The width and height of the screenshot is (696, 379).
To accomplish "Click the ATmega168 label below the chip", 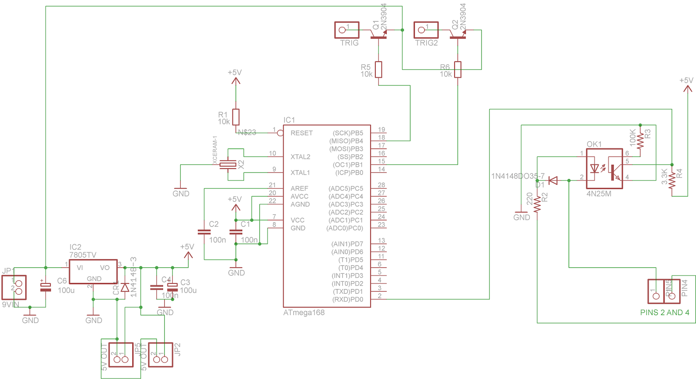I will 304,313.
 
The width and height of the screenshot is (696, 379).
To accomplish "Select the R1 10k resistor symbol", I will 235,117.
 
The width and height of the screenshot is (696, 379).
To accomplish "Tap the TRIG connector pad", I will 347,30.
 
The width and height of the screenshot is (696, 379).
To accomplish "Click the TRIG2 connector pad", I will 426,30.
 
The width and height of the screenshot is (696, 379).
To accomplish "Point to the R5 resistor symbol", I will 378,70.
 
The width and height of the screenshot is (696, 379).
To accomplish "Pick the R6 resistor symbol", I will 458,70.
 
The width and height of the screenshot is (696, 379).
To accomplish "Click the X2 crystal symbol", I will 228,164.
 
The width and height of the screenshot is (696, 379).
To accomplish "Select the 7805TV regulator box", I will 93,272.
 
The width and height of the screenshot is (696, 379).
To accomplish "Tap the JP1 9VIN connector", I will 14,287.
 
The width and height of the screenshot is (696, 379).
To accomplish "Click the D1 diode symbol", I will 553,180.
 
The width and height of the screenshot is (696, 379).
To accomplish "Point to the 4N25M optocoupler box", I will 604,169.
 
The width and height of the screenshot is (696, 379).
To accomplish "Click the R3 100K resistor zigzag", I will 640,140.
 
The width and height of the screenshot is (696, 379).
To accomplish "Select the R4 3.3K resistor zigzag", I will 672,180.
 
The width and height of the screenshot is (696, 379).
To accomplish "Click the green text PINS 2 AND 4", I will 664,313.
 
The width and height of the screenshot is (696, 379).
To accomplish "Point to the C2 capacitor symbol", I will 204,232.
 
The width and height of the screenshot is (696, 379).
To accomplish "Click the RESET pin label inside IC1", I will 301,133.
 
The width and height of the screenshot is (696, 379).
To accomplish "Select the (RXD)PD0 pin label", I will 347,299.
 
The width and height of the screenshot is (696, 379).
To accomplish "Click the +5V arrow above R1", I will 235,81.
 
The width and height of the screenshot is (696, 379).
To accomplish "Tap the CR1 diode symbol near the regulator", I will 125,287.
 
